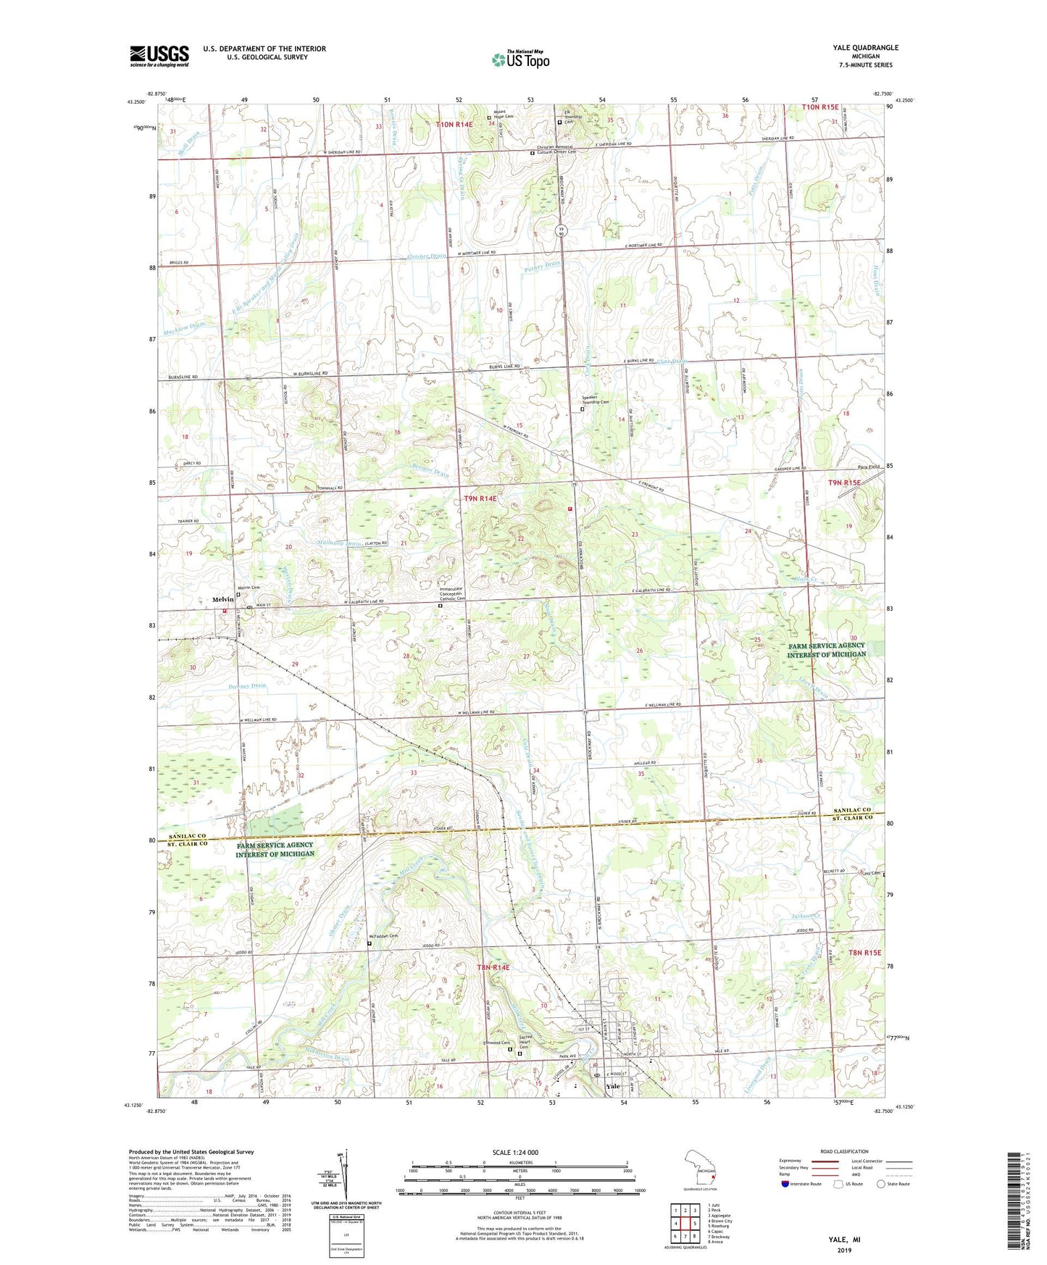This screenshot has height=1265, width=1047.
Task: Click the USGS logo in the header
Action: tap(159, 56)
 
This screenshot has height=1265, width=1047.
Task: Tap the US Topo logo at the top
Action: tap(520, 59)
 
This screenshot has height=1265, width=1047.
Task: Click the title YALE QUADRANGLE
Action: tap(865, 48)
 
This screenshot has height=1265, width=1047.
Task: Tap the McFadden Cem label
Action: tap(384, 936)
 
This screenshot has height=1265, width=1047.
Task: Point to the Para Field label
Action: tap(867, 467)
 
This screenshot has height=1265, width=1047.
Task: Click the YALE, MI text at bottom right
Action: tap(844, 1240)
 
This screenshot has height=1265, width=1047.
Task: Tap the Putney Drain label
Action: tap(543, 267)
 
